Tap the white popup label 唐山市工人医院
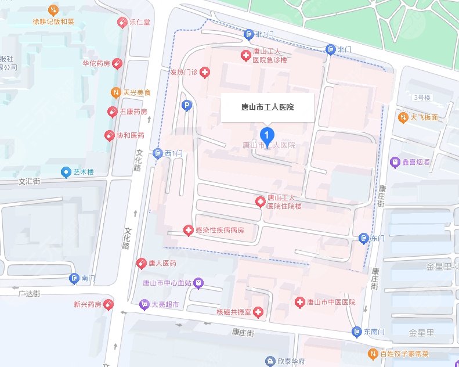point(268,107)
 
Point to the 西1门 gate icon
point(158,153)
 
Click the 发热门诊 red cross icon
point(205,73)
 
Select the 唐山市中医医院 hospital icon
point(299,302)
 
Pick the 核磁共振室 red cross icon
point(258,312)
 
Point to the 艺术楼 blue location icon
point(66,172)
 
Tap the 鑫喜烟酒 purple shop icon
point(395,163)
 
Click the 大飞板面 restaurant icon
point(403,117)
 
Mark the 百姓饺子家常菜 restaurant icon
point(373,353)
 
